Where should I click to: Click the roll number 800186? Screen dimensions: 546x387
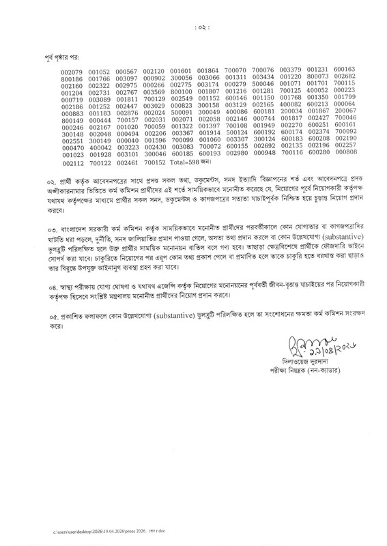72,79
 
